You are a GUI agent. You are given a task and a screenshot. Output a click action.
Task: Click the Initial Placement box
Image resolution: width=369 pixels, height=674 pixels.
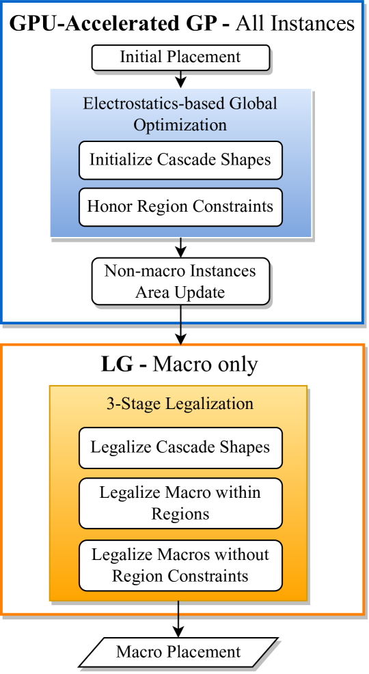coord(180,57)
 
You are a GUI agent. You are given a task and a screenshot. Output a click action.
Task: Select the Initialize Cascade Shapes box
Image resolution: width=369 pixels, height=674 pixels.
coord(180,160)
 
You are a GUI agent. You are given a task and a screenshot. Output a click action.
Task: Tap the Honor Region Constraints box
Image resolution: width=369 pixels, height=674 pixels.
coord(180,206)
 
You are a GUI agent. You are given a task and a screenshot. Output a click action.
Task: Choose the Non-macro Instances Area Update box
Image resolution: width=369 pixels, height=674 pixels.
coord(180,281)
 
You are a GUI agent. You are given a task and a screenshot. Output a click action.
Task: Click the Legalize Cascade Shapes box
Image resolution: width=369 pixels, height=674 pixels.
coord(180,448)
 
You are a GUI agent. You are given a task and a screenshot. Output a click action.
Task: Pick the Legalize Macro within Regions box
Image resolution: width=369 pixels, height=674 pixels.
coord(180,503)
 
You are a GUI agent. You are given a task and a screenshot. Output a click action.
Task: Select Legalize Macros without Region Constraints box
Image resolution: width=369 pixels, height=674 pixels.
coord(180,565)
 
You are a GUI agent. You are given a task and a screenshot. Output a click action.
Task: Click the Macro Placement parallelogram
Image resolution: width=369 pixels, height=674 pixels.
coord(178,652)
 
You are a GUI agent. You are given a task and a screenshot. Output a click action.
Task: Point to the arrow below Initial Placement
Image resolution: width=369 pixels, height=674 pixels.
coord(180,79)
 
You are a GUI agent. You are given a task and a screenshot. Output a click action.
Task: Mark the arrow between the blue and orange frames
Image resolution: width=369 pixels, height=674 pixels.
coord(180,333)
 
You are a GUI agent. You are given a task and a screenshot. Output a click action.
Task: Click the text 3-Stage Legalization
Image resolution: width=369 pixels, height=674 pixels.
coord(180,404)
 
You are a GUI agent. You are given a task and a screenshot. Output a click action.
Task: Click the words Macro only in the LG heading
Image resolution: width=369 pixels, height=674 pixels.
coord(205,364)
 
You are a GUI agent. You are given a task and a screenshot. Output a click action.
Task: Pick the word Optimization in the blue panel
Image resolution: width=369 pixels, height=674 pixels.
coord(180,124)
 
